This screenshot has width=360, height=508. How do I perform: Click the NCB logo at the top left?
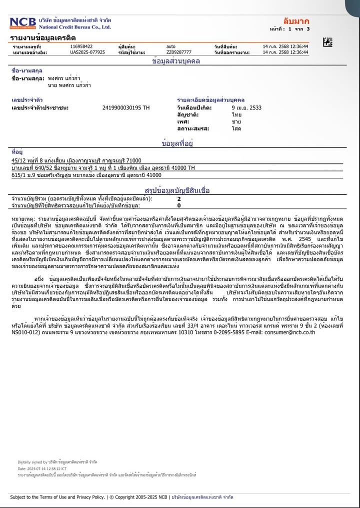[20, 23]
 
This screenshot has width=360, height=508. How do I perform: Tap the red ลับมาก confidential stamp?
[296, 21]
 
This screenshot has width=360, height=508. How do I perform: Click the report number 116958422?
[81, 46]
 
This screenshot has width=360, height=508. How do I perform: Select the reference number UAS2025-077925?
[87, 52]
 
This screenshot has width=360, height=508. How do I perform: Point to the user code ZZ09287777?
[178, 52]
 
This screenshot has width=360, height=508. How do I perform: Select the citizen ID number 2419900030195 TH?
[125, 108]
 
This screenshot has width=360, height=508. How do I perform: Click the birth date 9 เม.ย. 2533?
[246, 108]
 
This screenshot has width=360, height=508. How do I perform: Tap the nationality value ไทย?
[236, 115]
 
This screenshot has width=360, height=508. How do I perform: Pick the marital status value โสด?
[236, 129]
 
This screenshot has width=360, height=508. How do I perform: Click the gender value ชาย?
[236, 122]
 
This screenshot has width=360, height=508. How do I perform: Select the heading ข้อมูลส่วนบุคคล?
[176, 61]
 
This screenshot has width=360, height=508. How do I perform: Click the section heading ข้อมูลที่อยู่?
[177, 144]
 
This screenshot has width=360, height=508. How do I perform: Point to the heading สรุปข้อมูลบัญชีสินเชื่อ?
[177, 190]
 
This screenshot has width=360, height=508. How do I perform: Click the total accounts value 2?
[179, 199]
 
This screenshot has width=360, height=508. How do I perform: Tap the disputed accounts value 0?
[179, 205]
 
